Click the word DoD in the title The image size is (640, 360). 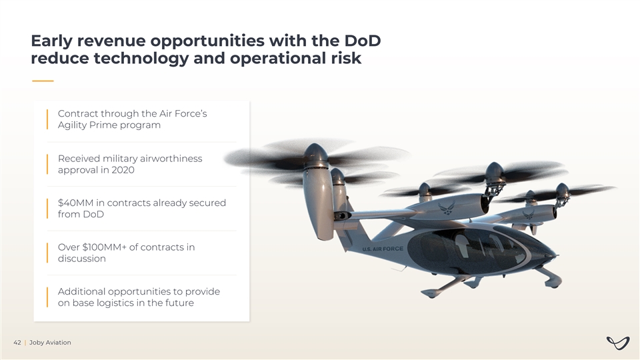363,41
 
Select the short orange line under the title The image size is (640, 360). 43,81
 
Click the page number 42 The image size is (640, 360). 17,343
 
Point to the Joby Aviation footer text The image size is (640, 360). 50,343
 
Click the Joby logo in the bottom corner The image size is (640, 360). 618,343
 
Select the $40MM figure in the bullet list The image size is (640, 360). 75,203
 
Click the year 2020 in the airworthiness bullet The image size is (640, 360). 123,170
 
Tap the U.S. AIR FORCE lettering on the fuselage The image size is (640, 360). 383,249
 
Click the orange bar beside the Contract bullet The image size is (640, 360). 47,119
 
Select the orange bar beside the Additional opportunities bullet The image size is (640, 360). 47,297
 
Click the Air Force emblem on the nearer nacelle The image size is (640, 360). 447,208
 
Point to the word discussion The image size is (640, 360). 81,259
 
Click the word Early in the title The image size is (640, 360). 51,41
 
